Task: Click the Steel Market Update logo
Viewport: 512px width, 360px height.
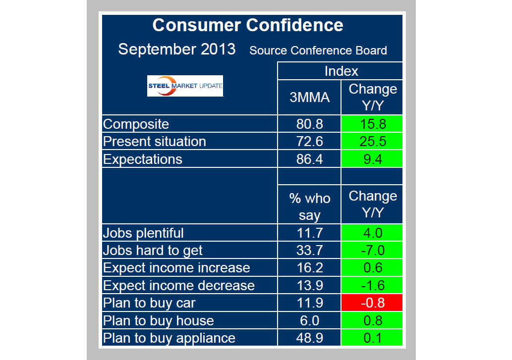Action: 185,86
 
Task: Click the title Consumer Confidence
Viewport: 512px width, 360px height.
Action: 247,25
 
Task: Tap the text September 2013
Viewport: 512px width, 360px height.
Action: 177,50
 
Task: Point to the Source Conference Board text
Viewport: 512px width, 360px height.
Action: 318,51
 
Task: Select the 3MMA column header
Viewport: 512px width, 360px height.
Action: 309,97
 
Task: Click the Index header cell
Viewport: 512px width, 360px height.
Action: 341,71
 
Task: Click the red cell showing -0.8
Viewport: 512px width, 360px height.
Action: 372,303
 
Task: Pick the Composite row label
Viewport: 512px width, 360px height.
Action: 136,124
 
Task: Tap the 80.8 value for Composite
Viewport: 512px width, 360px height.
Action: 309,124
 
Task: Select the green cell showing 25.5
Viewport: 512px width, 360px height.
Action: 372,142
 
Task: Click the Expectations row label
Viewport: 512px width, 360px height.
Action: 143,159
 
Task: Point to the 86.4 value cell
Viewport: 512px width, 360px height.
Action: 309,159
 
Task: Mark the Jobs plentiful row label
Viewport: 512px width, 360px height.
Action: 143,233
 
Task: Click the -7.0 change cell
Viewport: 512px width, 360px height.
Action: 372,250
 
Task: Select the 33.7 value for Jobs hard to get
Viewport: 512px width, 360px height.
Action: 309,250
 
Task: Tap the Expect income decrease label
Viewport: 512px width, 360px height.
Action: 178,285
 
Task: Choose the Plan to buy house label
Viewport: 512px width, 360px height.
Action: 159,320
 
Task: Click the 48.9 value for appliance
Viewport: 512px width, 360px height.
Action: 309,338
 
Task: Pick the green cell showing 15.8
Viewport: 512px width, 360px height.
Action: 372,124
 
